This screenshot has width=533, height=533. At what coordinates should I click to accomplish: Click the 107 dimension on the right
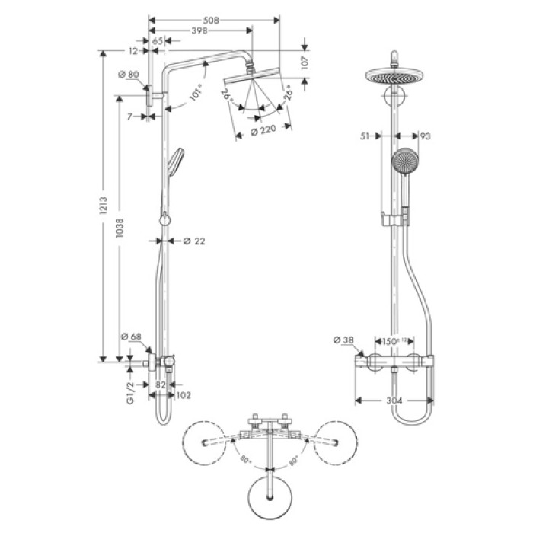tap(305, 64)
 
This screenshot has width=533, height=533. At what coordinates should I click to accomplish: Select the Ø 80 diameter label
tap(129, 75)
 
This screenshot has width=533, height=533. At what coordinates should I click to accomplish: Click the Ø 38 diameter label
tap(343, 340)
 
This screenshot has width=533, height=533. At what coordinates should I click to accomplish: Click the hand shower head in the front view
tap(403, 161)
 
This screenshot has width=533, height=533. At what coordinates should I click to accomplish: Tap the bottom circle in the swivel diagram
tap(270, 496)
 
